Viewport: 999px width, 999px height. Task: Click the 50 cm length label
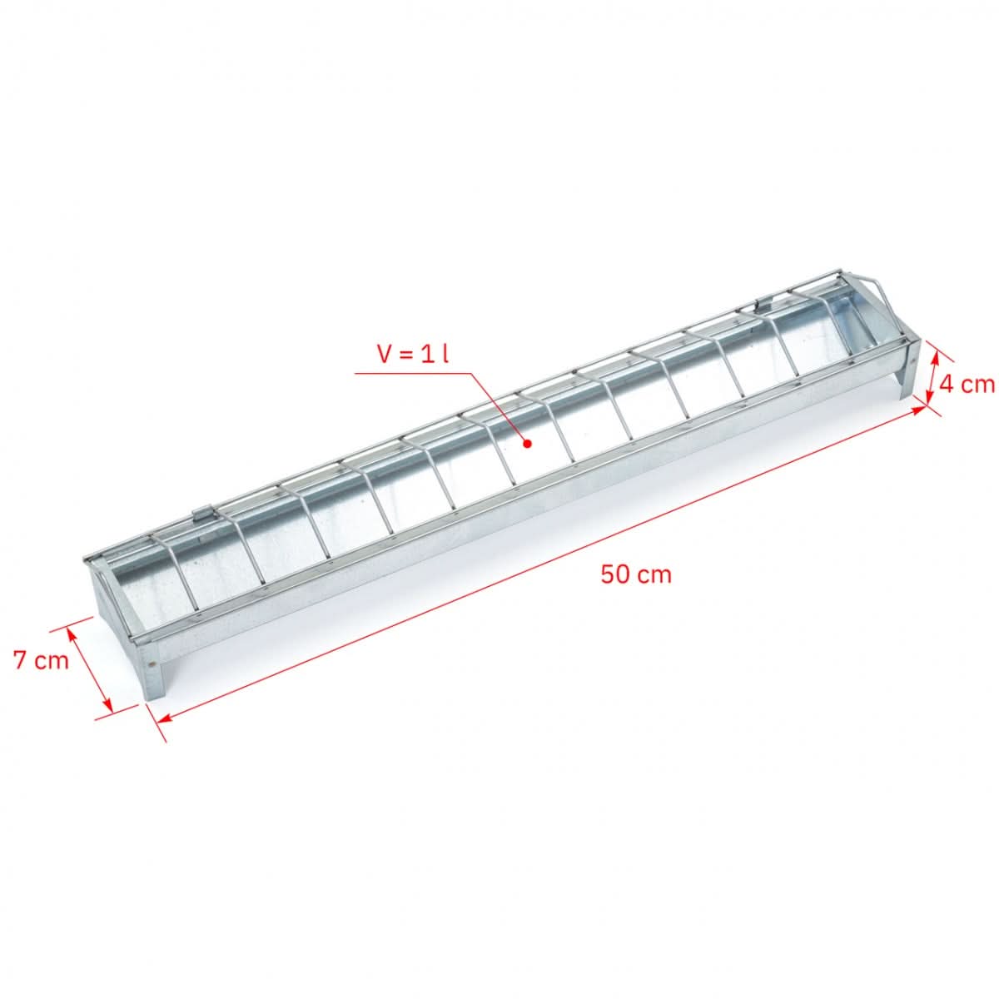click(x=635, y=574)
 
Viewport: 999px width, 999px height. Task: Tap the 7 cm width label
click(x=41, y=660)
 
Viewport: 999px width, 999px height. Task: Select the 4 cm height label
click(x=966, y=384)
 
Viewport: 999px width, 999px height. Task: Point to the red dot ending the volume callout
click(x=527, y=444)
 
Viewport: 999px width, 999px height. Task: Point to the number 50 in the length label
click(x=616, y=574)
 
